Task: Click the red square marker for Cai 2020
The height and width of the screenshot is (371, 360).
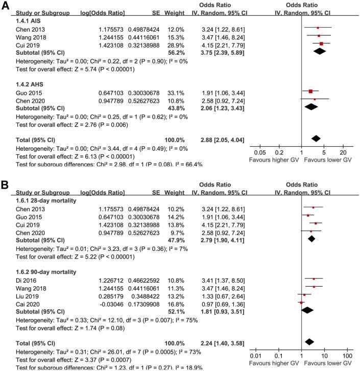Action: [301, 303]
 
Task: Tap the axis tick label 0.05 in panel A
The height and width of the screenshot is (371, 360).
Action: [260, 152]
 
